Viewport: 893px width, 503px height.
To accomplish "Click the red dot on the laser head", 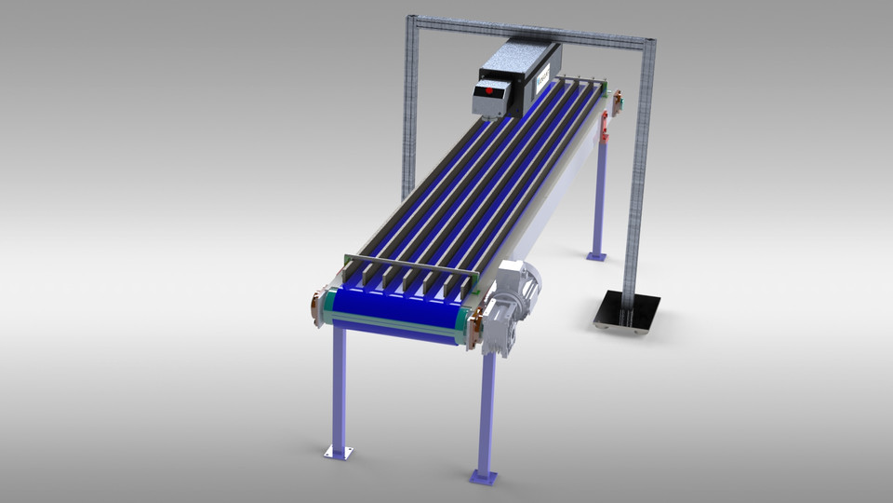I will coord(491,92).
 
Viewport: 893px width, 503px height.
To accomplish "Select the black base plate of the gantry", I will coord(627,310).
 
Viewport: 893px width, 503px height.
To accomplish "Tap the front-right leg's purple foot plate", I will coord(483,477).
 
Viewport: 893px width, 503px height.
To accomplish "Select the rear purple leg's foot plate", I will coord(596,255).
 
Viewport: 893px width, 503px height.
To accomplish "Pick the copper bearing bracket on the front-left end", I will coord(317,306).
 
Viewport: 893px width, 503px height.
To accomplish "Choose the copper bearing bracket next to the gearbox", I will coord(475,327).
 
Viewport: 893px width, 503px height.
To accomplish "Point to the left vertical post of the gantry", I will coord(408,112).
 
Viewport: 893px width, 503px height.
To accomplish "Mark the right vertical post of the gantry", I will coord(640,168).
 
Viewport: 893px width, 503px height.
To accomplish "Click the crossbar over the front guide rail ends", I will coord(409,265).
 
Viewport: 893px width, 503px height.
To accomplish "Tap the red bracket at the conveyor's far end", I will coord(606,126).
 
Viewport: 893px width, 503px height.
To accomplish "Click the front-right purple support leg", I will coord(486,410).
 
